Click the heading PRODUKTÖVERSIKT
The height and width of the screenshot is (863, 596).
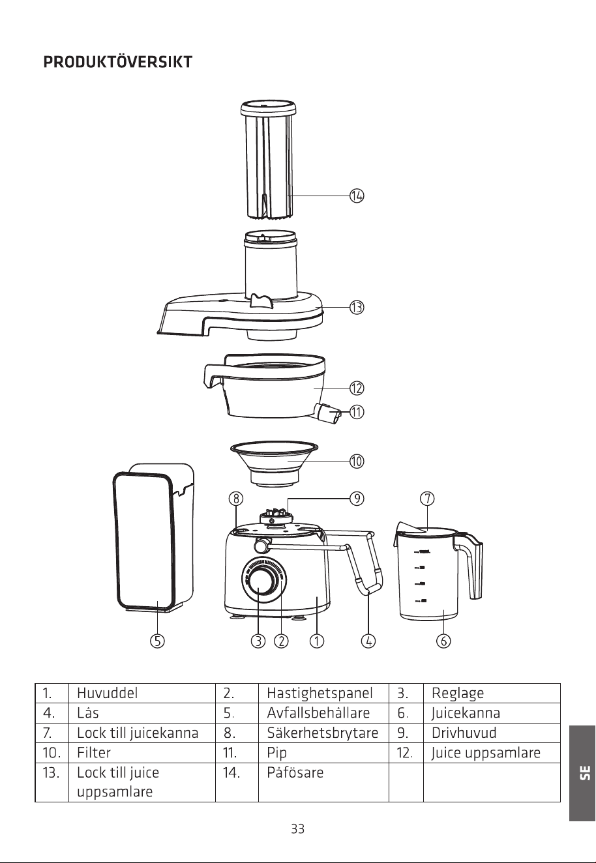[x=117, y=62]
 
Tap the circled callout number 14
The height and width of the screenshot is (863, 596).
[x=357, y=196]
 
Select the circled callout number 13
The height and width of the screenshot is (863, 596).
[x=357, y=308]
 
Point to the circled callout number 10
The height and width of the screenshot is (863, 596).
[x=357, y=461]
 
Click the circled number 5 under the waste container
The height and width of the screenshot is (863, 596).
[x=157, y=641]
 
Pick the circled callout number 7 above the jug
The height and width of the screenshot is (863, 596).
[x=426, y=499]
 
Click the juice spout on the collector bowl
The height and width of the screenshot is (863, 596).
[x=329, y=414]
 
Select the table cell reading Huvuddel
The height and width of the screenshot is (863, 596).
[x=107, y=693]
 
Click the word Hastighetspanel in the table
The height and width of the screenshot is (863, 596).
[x=320, y=694]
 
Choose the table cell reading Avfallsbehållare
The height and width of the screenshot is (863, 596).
[x=318, y=712]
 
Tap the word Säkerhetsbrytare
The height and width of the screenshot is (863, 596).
[x=322, y=733]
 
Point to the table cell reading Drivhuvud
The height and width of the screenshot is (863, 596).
[x=464, y=733]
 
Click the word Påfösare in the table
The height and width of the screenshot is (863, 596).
[x=295, y=772]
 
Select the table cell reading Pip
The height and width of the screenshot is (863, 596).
[x=276, y=753]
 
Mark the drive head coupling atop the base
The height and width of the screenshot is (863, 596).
[x=275, y=516]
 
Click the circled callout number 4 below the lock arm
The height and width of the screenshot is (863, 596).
[x=368, y=641]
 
